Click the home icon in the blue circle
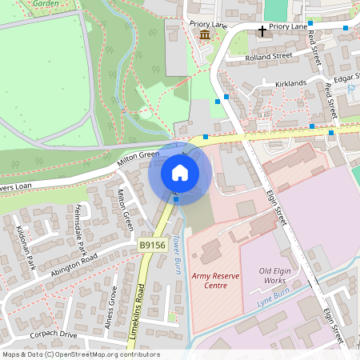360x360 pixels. [x=180, y=172]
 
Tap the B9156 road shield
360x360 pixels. [x=153, y=246]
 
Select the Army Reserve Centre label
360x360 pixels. [x=214, y=280]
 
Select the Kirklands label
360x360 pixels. [x=290, y=83]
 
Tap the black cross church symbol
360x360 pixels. [x=262, y=30]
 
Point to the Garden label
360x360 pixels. [x=46, y=4]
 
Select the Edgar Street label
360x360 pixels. [x=345, y=78]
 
